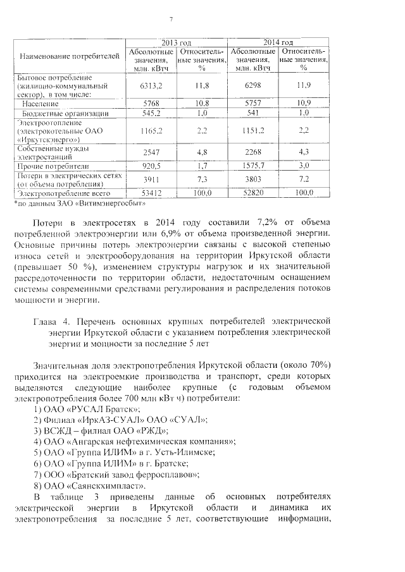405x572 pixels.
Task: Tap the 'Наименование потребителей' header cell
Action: pos(70,57)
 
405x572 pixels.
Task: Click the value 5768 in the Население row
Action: pos(151,102)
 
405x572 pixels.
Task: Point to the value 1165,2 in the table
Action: pos(151,131)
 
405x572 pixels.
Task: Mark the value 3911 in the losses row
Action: pos(151,180)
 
